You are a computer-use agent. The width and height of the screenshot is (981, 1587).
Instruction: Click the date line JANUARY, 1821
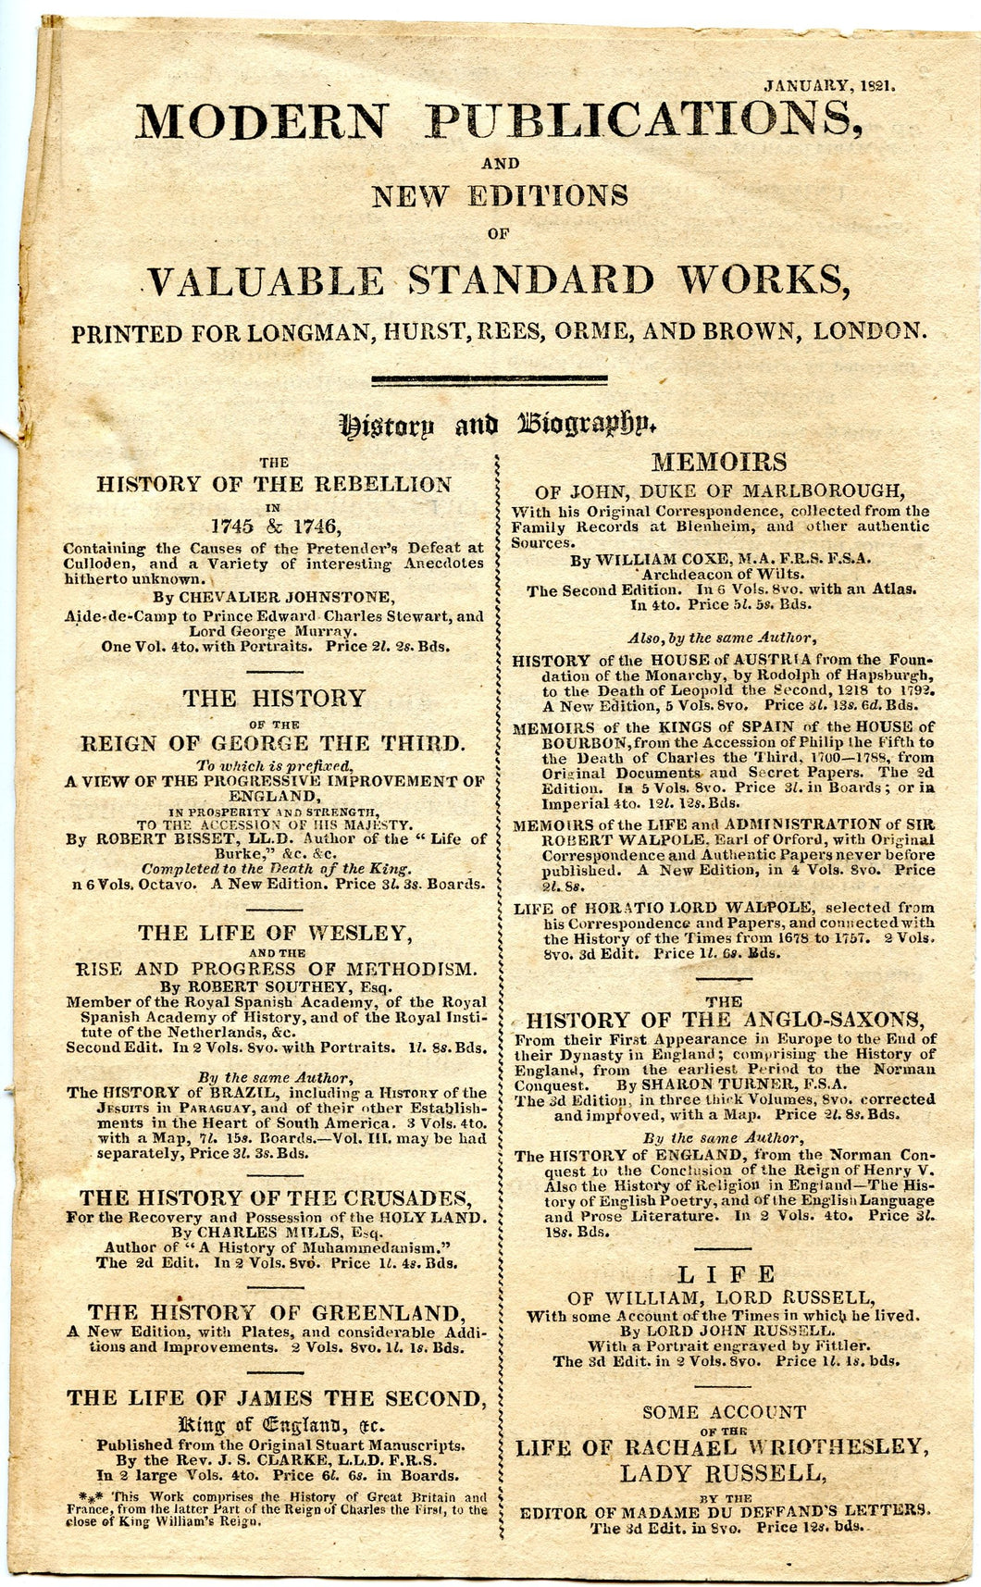click(x=827, y=85)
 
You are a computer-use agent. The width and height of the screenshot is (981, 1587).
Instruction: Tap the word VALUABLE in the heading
click(x=265, y=281)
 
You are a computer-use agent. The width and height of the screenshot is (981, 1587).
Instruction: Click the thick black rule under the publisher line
click(x=489, y=379)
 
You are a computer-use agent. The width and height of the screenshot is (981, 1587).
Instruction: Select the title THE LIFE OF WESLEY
click(x=275, y=933)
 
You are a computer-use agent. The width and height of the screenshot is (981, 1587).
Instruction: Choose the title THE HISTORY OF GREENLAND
click(x=275, y=1312)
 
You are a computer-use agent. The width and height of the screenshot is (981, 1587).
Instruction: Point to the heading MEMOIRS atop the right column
click(x=720, y=462)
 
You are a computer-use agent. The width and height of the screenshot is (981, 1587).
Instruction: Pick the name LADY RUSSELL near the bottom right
click(x=722, y=1473)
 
